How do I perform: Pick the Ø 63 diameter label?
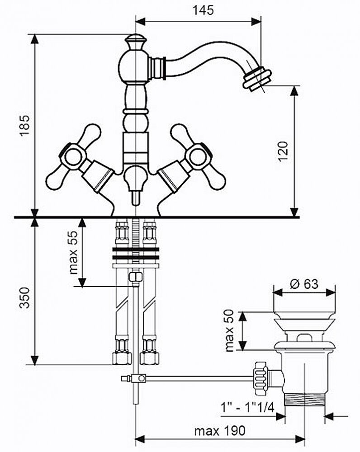[x=303, y=284]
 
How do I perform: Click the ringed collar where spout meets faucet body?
[x=157, y=68]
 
